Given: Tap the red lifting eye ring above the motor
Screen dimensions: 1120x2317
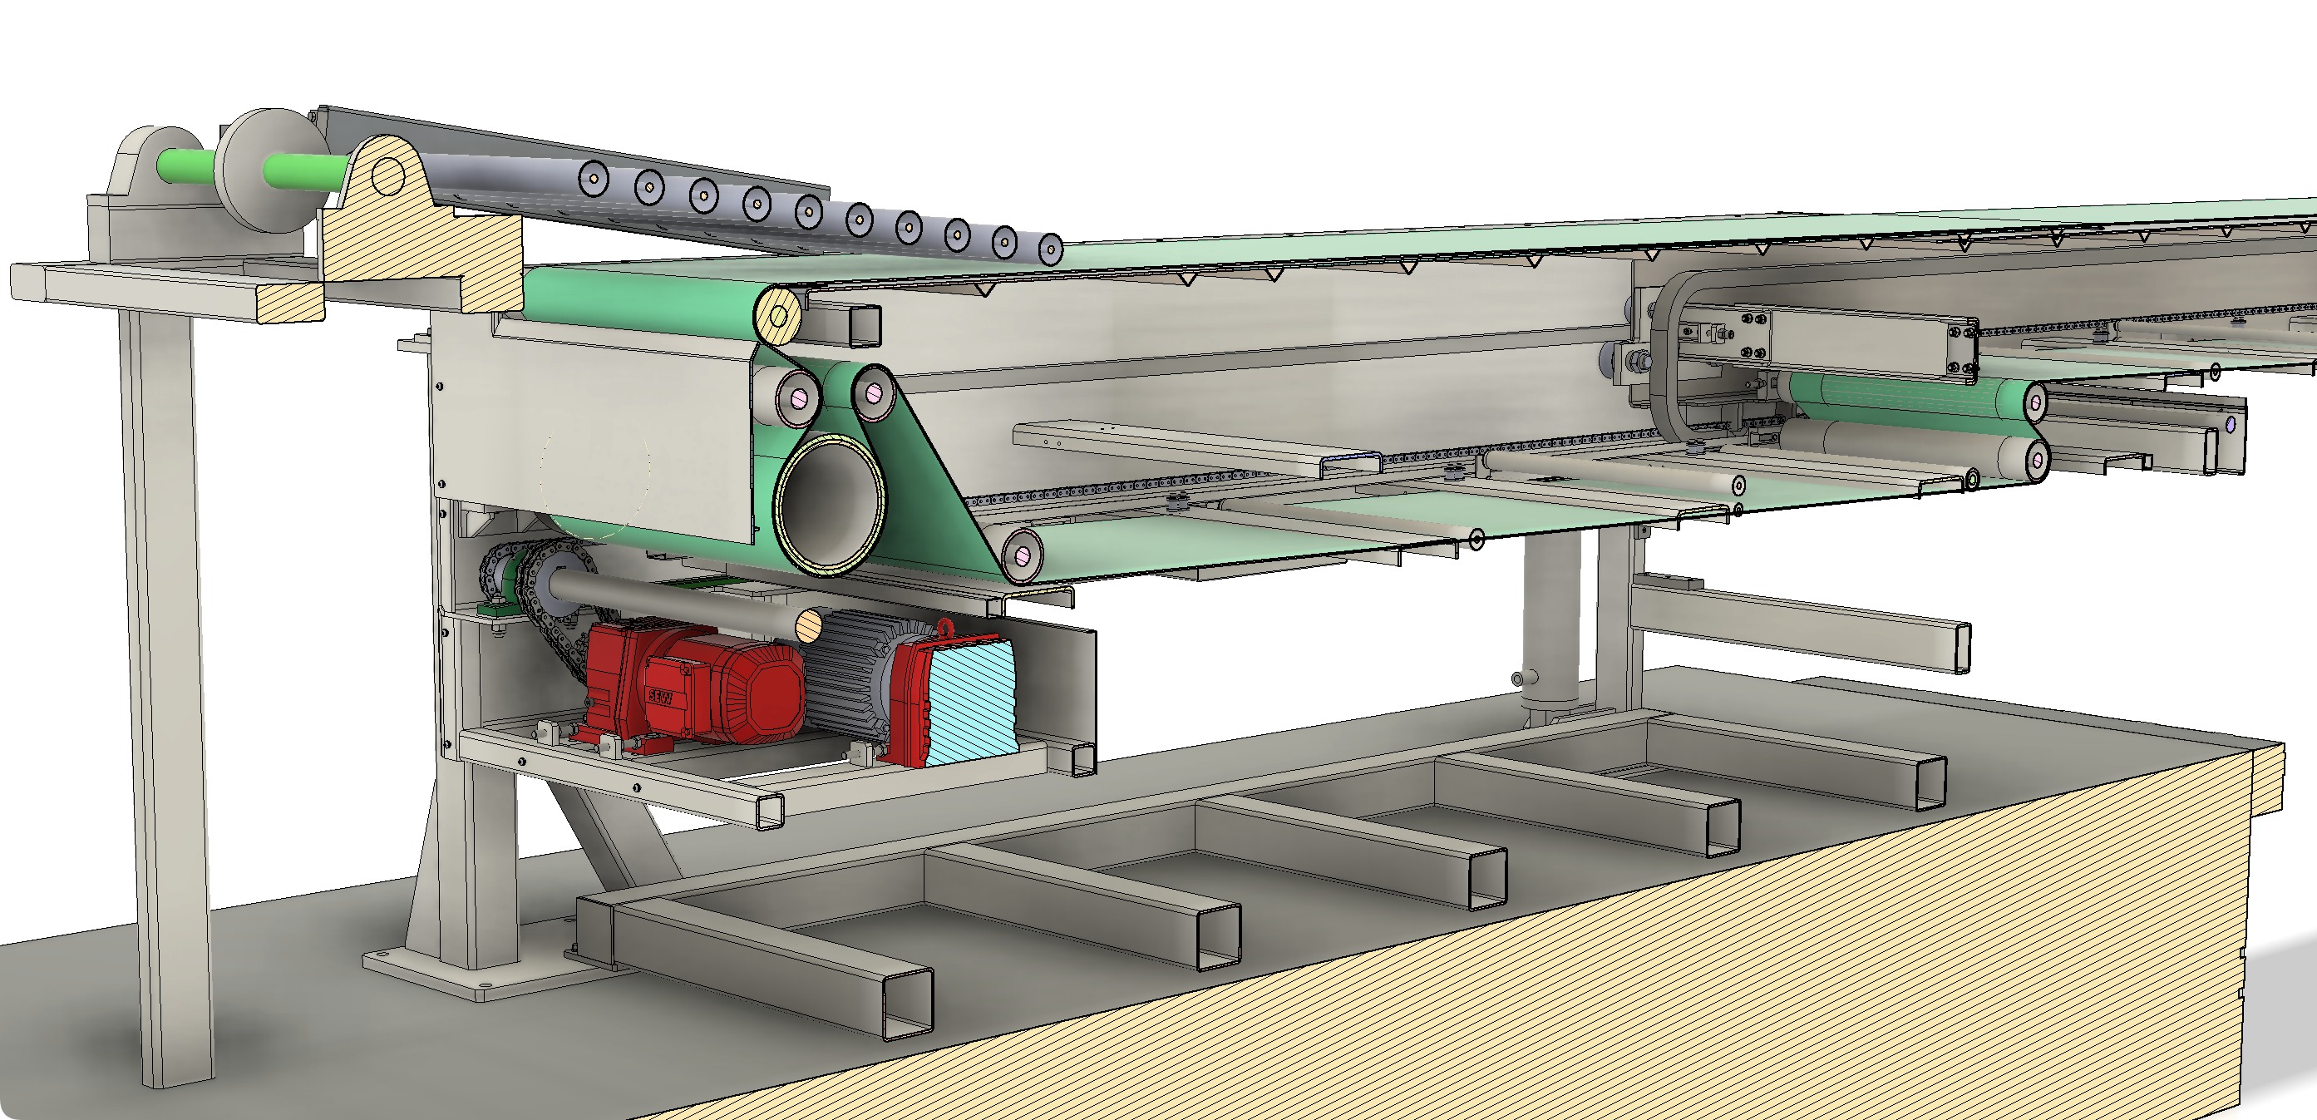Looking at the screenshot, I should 945,628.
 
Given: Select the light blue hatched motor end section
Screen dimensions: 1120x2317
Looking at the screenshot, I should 971,702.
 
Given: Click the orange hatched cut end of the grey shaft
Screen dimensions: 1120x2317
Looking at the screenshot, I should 810,624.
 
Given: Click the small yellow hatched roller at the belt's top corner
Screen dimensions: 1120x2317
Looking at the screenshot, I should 779,315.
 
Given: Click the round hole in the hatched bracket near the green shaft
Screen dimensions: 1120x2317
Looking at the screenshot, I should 387,175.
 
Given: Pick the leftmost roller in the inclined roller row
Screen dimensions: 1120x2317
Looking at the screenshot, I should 594,178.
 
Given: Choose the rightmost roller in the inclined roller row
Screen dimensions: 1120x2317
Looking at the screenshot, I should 1050,249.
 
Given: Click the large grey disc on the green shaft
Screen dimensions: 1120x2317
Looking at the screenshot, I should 270,171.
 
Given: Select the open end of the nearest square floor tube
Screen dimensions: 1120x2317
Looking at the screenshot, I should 907,1006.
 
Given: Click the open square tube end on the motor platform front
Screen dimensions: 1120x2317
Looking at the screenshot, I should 769,812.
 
